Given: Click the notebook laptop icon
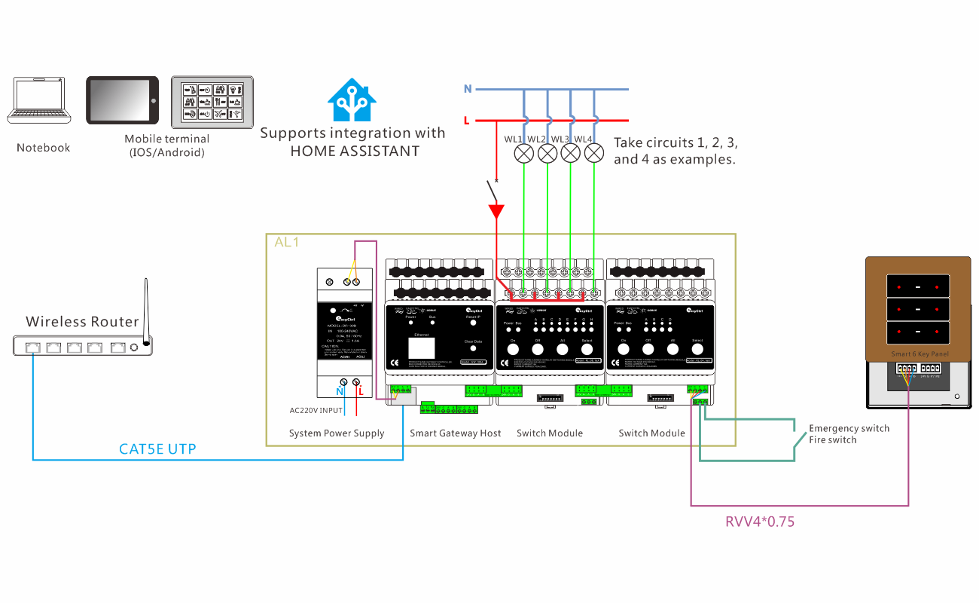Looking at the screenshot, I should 40,101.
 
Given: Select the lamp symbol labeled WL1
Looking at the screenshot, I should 525,154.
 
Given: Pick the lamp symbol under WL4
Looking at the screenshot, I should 595,154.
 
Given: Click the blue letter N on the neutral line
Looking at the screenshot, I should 468,89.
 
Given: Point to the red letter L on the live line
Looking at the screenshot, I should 468,121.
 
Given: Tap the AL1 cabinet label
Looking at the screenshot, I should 287,243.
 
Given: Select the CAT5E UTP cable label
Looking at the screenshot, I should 157,449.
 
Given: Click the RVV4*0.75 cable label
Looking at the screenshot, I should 760,522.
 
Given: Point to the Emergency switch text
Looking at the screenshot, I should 849,428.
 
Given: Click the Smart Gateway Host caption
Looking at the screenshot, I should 455,433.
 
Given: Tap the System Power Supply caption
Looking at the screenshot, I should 337,433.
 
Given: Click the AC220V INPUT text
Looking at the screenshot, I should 316,411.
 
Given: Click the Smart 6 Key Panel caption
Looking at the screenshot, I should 920,354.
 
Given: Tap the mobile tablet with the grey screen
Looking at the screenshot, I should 123,99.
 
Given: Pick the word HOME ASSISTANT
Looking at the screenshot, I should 355,151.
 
